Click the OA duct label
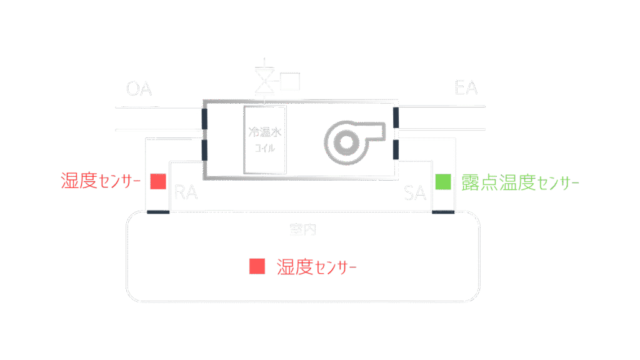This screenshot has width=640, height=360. tap(139, 89)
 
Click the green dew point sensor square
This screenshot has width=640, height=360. tap(443, 182)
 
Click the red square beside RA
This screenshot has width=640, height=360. tap(158, 181)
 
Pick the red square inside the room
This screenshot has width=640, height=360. tap(257, 266)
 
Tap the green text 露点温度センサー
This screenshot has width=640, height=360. tap(519, 182)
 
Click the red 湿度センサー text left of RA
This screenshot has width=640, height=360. tap(101, 181)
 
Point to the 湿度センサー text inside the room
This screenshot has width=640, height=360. tap(317, 267)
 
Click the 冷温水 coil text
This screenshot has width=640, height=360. tap(266, 132)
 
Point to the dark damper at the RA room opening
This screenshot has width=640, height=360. tap(157, 212)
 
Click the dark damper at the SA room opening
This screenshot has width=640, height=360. tap(443, 212)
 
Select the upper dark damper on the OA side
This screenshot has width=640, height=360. tap(204, 119)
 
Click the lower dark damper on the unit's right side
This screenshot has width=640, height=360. tap(396, 150)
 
